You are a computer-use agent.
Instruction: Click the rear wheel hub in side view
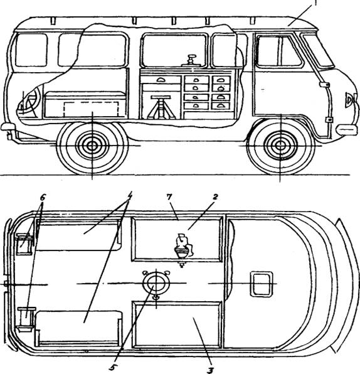pyautogui.click(x=92, y=146)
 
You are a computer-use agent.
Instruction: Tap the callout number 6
pyautogui.click(x=43, y=198)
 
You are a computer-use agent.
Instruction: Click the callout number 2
pyautogui.click(x=215, y=197)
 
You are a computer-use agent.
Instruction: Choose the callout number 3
pyautogui.click(x=210, y=370)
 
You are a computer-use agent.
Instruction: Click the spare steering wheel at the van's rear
pyautogui.click(x=29, y=102)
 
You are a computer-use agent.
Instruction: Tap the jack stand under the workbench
pyautogui.click(x=161, y=107)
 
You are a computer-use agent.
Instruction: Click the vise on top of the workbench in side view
pyautogui.click(x=191, y=60)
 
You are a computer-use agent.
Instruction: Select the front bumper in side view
pyautogui.click(x=346, y=129)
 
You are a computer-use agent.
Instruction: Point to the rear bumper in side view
pyautogui.click(x=8, y=127)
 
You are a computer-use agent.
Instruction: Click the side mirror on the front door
pyautogui.click(x=325, y=85)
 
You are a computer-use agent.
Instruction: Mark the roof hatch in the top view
pyautogui.click(x=262, y=284)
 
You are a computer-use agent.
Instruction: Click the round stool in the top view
pyautogui.click(x=156, y=283)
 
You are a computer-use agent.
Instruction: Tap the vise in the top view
pyautogui.click(x=183, y=248)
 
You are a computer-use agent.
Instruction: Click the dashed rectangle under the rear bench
pyautogui.click(x=91, y=109)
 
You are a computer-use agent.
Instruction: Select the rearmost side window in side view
pyautogui.click(x=31, y=50)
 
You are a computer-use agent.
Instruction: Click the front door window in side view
pyautogui.click(x=279, y=51)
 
